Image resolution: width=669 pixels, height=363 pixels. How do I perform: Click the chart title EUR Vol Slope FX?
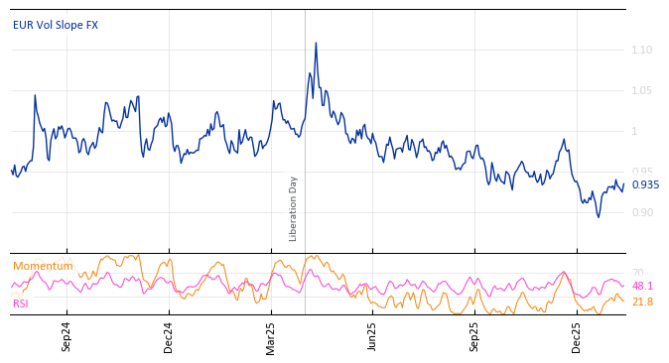tap(56, 25)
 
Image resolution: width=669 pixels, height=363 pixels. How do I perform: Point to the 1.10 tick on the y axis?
tap(641, 50)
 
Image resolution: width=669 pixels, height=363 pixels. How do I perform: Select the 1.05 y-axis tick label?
tap(641, 90)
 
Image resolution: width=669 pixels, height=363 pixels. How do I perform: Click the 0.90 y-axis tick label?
tap(641, 212)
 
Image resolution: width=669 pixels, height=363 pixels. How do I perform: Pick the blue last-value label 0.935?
tap(645, 184)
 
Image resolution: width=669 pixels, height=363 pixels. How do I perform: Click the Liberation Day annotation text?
tap(294, 208)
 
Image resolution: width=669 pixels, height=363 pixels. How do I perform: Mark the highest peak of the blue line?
tap(316, 43)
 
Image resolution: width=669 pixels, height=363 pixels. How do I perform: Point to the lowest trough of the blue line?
tap(598, 217)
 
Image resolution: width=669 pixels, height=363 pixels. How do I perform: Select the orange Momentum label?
tap(43, 266)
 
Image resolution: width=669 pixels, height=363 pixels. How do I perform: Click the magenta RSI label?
tap(21, 303)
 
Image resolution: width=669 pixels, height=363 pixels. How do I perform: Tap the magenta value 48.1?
tap(642, 287)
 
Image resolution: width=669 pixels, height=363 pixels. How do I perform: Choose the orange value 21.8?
tap(642, 302)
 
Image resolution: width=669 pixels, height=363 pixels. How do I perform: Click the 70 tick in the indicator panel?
tap(637, 273)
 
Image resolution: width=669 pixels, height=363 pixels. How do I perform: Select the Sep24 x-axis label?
tap(67, 337)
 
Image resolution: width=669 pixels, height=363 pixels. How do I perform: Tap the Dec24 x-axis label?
tap(169, 337)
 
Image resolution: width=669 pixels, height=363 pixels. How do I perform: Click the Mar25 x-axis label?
tap(270, 337)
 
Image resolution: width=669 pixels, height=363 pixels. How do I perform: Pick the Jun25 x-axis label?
tap(372, 337)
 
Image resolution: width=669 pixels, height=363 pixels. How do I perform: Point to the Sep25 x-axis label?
tap(474, 337)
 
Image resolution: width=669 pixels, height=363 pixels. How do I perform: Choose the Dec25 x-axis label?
tap(577, 337)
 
